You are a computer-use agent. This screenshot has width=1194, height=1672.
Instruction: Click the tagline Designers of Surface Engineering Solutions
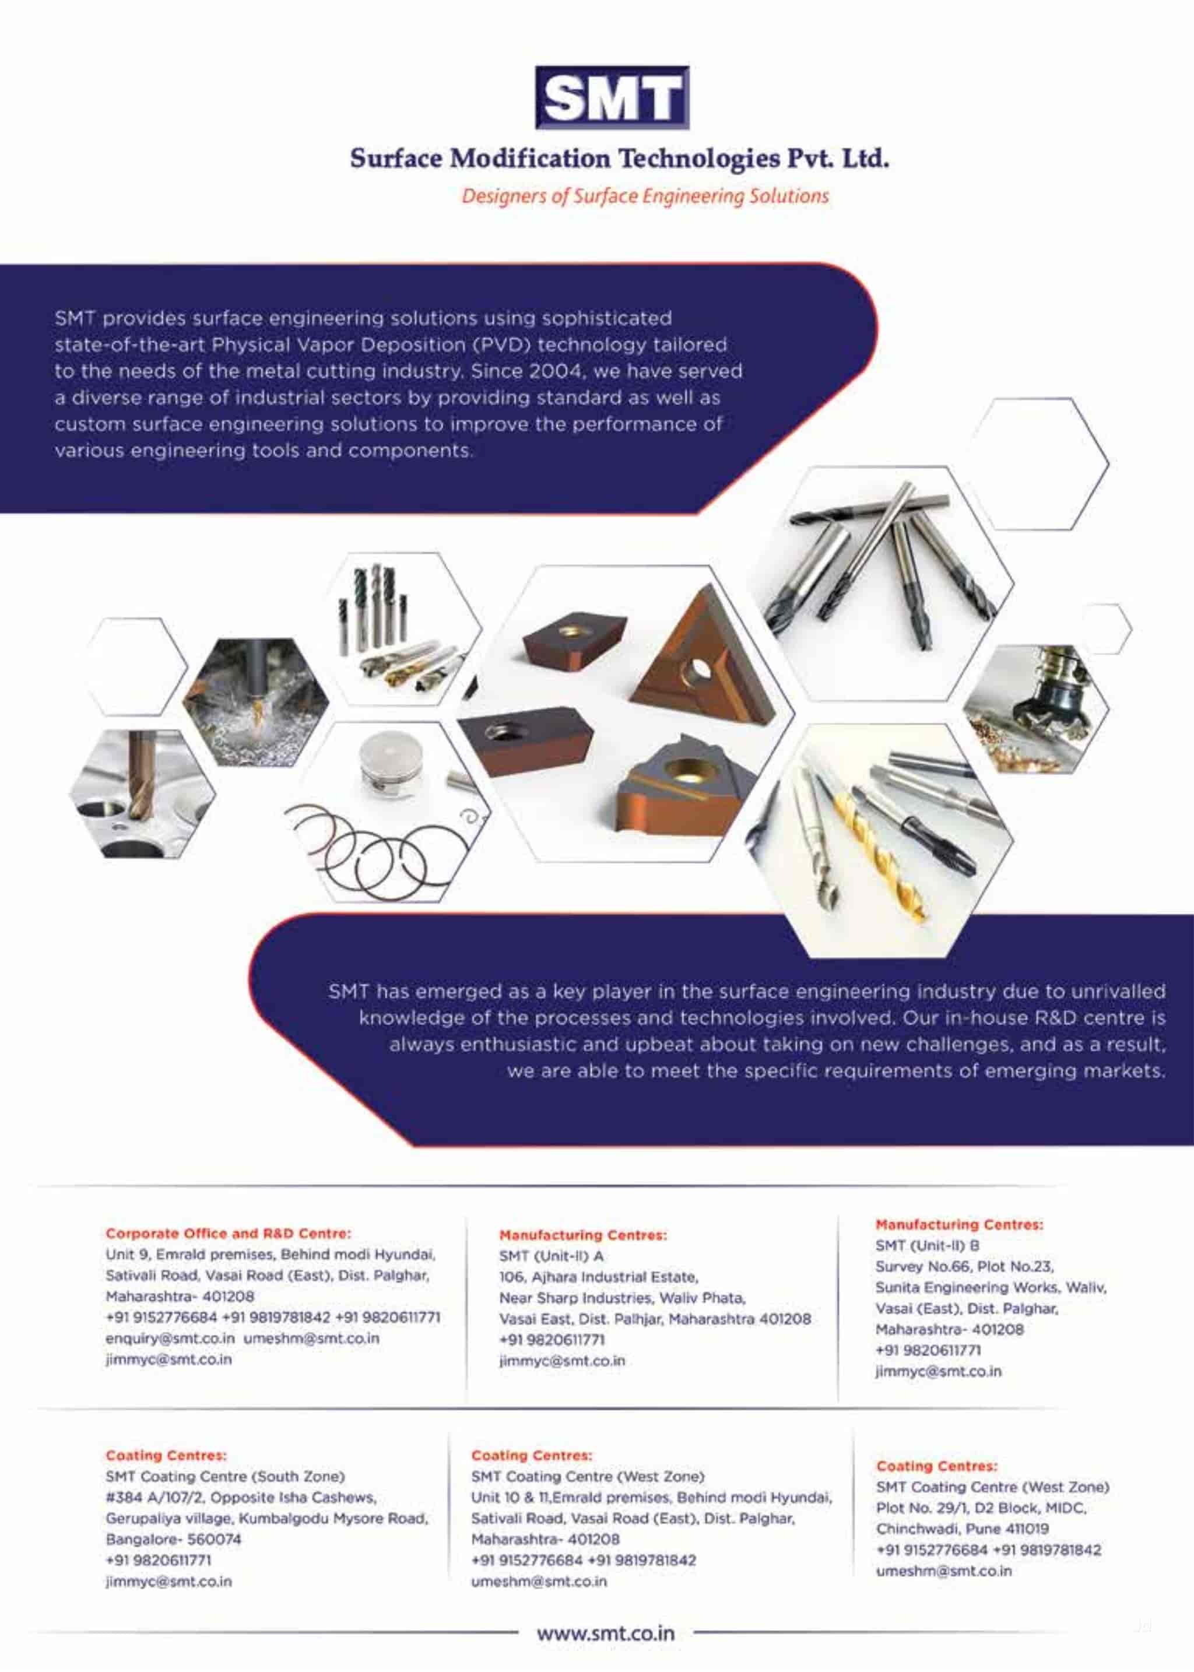[645, 196]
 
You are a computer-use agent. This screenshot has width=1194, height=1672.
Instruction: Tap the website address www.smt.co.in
[606, 1633]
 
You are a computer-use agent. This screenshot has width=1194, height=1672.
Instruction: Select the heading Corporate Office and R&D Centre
[228, 1233]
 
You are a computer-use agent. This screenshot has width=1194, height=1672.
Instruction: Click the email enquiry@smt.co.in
[170, 1338]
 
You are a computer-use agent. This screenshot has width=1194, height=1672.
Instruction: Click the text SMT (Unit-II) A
[551, 1256]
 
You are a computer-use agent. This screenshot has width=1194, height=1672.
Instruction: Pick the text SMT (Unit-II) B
[927, 1245]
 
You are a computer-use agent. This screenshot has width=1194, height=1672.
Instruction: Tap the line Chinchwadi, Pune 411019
[963, 1529]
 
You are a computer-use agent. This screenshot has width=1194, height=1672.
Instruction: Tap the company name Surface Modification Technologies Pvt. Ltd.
[619, 158]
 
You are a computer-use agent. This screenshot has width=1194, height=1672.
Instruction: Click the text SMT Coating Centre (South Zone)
[225, 1477]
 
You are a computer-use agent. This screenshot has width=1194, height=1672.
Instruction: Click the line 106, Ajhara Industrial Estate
[599, 1277]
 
